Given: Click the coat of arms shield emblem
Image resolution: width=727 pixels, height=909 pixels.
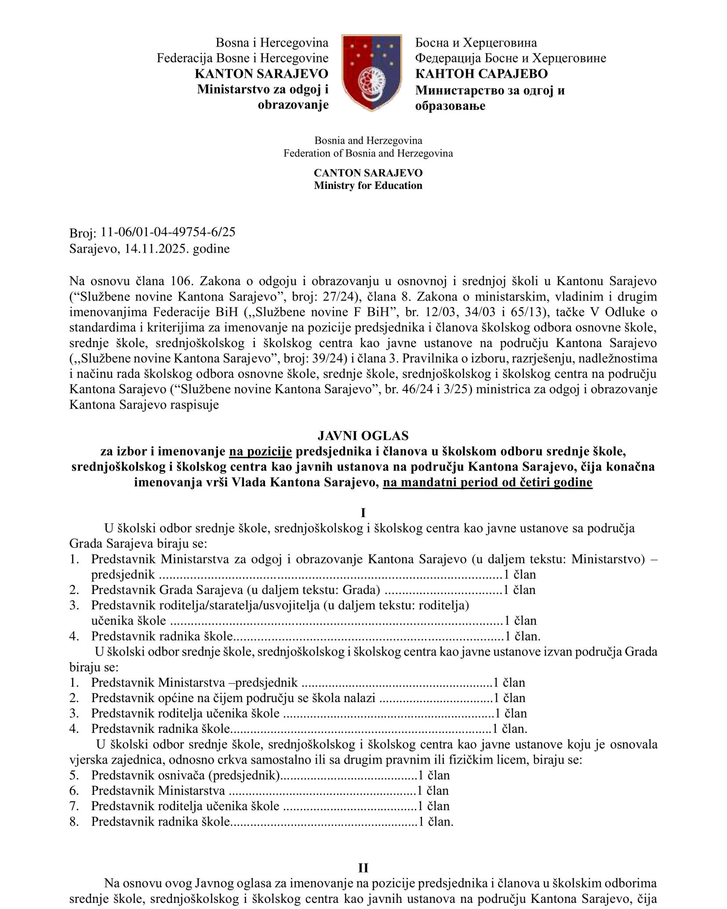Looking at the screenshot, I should [371, 72].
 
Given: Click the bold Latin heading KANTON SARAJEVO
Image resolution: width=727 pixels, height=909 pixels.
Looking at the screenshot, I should [262, 73].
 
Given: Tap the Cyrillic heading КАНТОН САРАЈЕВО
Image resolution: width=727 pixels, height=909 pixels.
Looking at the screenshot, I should [481, 73].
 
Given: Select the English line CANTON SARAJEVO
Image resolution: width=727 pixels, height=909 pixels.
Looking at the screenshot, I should [368, 173].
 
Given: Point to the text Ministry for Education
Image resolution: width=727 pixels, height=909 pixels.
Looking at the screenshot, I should [368, 185].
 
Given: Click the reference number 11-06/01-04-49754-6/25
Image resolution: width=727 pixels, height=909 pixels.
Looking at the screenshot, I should [168, 232].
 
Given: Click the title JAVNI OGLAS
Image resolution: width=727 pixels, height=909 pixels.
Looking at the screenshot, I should [363, 435].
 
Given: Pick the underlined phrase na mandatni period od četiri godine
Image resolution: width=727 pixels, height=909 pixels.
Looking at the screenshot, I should [487, 482].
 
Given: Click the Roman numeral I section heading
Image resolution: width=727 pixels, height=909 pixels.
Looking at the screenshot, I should [363, 513].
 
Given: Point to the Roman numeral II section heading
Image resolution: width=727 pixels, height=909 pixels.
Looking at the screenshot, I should [363, 868].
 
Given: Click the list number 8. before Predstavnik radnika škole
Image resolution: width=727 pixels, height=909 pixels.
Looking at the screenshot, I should [74, 821].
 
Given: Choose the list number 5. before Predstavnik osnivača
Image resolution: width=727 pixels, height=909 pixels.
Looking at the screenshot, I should [74, 775].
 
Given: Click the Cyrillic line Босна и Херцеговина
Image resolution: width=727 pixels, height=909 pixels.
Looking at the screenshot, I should [476, 43].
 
